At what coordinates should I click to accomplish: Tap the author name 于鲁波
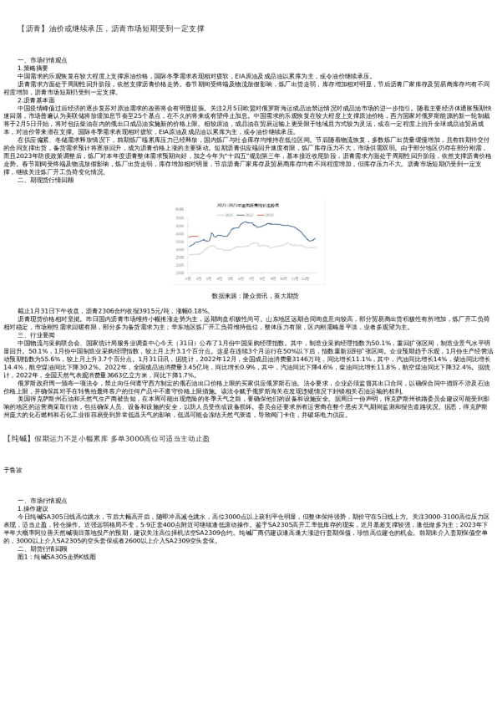point(13,470)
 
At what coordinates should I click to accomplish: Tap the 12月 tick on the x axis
point(306,279)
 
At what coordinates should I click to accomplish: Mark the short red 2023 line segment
point(191,237)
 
